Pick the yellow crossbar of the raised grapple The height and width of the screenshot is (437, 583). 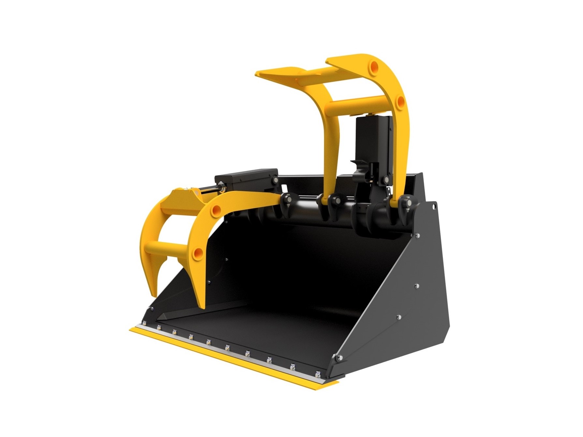[359, 105]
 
